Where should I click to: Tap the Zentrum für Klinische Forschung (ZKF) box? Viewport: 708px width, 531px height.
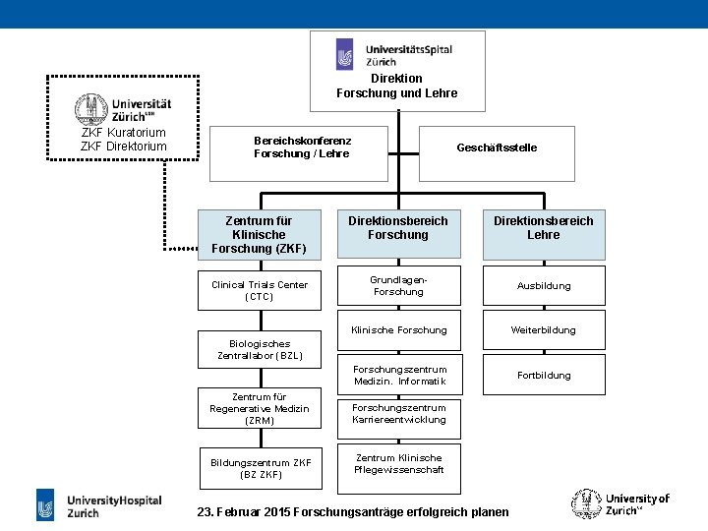(259, 235)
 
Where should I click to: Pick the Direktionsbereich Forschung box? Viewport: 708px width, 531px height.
(398, 234)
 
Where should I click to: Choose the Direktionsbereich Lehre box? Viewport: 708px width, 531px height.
(544, 234)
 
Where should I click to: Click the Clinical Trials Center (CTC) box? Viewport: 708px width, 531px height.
(259, 291)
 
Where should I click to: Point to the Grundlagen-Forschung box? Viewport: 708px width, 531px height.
(398, 286)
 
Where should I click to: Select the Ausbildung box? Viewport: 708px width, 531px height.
(544, 286)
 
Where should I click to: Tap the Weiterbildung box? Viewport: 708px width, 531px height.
(544, 330)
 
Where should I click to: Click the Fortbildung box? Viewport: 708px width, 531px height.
(544, 375)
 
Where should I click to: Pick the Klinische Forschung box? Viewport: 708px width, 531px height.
(398, 330)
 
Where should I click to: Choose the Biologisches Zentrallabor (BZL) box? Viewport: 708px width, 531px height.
(260, 350)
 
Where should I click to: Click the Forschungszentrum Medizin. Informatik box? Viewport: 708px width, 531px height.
(398, 375)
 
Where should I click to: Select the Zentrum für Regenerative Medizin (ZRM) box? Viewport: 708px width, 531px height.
(259, 408)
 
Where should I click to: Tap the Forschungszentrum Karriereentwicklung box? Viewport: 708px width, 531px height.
(398, 414)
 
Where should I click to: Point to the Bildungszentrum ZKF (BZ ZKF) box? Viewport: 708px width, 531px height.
(260, 469)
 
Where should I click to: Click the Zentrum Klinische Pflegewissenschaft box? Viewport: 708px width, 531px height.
(398, 464)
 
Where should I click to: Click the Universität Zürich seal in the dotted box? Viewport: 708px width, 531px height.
(91, 108)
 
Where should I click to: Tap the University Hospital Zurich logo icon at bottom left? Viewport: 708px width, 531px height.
(46, 505)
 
